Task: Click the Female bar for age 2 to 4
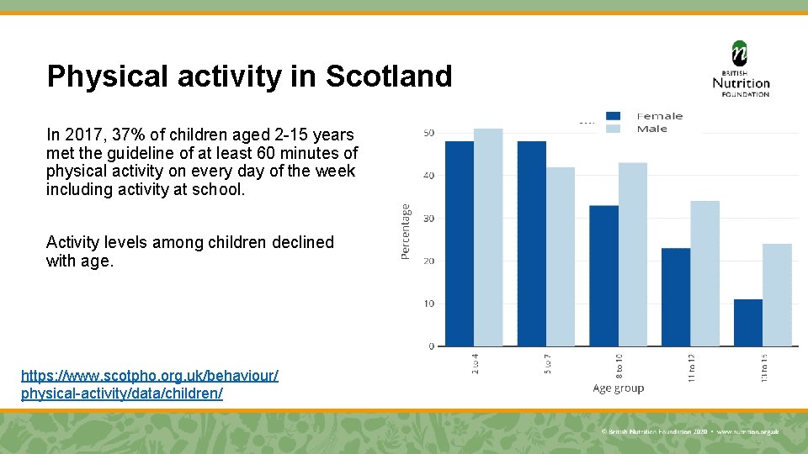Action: tap(460, 244)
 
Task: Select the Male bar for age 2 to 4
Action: tap(488, 237)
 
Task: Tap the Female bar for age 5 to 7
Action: tap(532, 244)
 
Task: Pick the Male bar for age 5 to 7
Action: tap(561, 256)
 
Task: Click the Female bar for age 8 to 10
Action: tap(603, 276)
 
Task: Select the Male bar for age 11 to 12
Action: tap(705, 273)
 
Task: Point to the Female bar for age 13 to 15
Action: tap(748, 323)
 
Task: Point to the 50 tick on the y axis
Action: tap(428, 133)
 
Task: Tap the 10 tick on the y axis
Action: tap(428, 304)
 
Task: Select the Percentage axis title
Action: tap(406, 231)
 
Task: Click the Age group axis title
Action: tap(618, 388)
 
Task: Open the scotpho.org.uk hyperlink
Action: tap(149, 383)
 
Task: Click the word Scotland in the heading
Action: tap(388, 77)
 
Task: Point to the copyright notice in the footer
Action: tap(690, 431)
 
